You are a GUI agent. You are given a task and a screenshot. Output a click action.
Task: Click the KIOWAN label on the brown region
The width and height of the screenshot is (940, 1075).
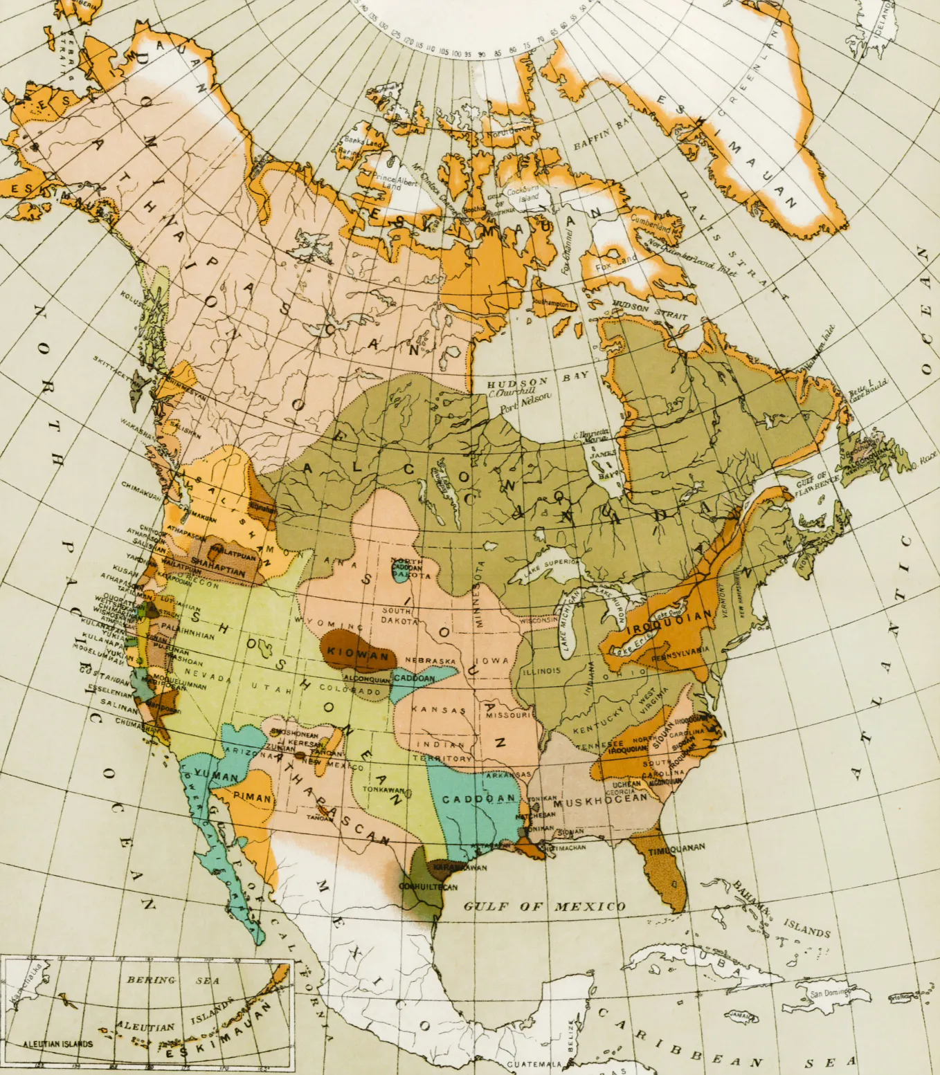(359, 653)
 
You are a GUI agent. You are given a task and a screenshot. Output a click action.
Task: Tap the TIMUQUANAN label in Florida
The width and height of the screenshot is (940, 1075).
(676, 849)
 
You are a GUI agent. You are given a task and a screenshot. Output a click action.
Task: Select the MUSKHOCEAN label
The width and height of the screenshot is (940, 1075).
(600, 800)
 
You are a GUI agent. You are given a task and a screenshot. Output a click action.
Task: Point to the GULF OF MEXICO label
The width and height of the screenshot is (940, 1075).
(544, 906)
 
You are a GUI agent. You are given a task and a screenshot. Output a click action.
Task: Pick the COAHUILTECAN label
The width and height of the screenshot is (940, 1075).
(428, 887)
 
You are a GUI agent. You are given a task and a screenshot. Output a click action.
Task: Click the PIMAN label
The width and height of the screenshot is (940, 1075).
(252, 798)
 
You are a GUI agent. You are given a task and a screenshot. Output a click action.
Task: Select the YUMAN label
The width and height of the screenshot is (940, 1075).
(216, 775)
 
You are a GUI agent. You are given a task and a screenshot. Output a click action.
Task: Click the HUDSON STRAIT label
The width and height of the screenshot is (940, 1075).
(650, 311)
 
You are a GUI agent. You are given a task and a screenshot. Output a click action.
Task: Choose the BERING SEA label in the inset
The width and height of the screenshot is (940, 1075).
(173, 980)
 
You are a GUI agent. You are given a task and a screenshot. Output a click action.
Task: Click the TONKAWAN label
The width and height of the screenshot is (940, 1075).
(383, 789)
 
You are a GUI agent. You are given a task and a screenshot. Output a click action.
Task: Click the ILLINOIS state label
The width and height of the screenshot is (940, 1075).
(541, 671)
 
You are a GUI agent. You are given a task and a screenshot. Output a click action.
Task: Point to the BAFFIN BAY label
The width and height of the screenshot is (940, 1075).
(603, 136)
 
